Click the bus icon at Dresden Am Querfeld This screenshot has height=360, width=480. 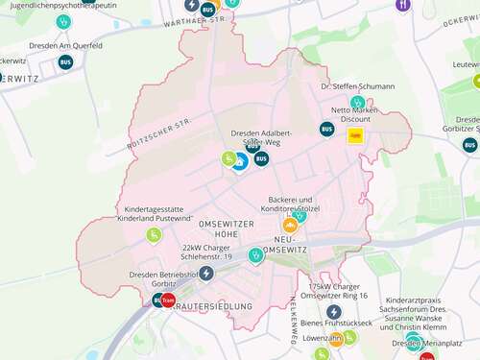click(x=65, y=62)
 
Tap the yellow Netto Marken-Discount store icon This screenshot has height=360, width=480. click(x=355, y=135)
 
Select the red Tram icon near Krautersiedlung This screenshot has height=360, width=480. click(x=168, y=300)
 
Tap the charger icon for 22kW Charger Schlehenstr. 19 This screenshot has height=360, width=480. click(x=206, y=273)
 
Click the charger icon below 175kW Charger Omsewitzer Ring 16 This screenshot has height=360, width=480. click(x=334, y=312)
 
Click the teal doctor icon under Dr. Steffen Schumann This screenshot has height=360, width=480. click(x=357, y=102)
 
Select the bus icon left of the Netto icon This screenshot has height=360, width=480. click(x=327, y=130)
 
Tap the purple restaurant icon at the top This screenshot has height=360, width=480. click(x=402, y=5)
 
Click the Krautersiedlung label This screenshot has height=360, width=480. click(x=213, y=306)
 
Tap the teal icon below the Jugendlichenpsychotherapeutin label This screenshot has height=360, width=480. click(x=63, y=21)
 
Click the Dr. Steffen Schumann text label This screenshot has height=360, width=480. click(x=357, y=86)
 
